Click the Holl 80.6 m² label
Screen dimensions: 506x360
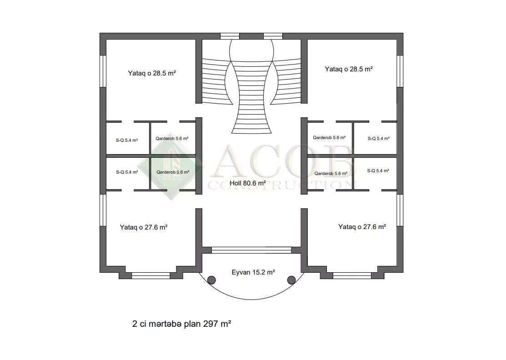pyautogui.click(x=247, y=183)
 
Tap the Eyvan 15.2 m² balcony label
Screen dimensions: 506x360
pyautogui.click(x=253, y=272)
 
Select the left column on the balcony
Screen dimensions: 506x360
pyautogui.click(x=211, y=280)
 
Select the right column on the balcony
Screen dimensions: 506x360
pyautogui.click(x=291, y=280)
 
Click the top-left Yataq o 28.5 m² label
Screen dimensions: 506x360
pyautogui.click(x=152, y=73)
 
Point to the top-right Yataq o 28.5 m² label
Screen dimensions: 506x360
pyautogui.click(x=349, y=69)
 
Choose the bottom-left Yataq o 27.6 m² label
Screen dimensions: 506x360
pyautogui.click(x=144, y=227)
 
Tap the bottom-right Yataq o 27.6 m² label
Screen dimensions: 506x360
pyautogui.click(x=362, y=227)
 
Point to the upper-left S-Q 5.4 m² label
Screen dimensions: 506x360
pyautogui.click(x=127, y=140)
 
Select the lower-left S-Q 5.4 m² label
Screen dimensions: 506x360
pyautogui.click(x=127, y=172)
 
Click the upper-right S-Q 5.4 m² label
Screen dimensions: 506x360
pyautogui.click(x=379, y=138)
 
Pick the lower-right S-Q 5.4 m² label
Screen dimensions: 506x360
pyautogui.click(x=378, y=170)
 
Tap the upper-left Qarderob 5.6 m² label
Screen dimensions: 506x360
pyautogui.click(x=172, y=138)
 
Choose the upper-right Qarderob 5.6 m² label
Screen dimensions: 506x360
pyautogui.click(x=329, y=137)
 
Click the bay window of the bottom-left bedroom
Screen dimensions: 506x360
pyautogui.click(x=150, y=275)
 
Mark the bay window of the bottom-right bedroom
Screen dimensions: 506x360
pyautogui.click(x=352, y=275)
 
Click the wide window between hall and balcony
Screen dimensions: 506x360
pyautogui.click(x=251, y=250)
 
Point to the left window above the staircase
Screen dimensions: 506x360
pyautogui.click(x=230, y=36)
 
